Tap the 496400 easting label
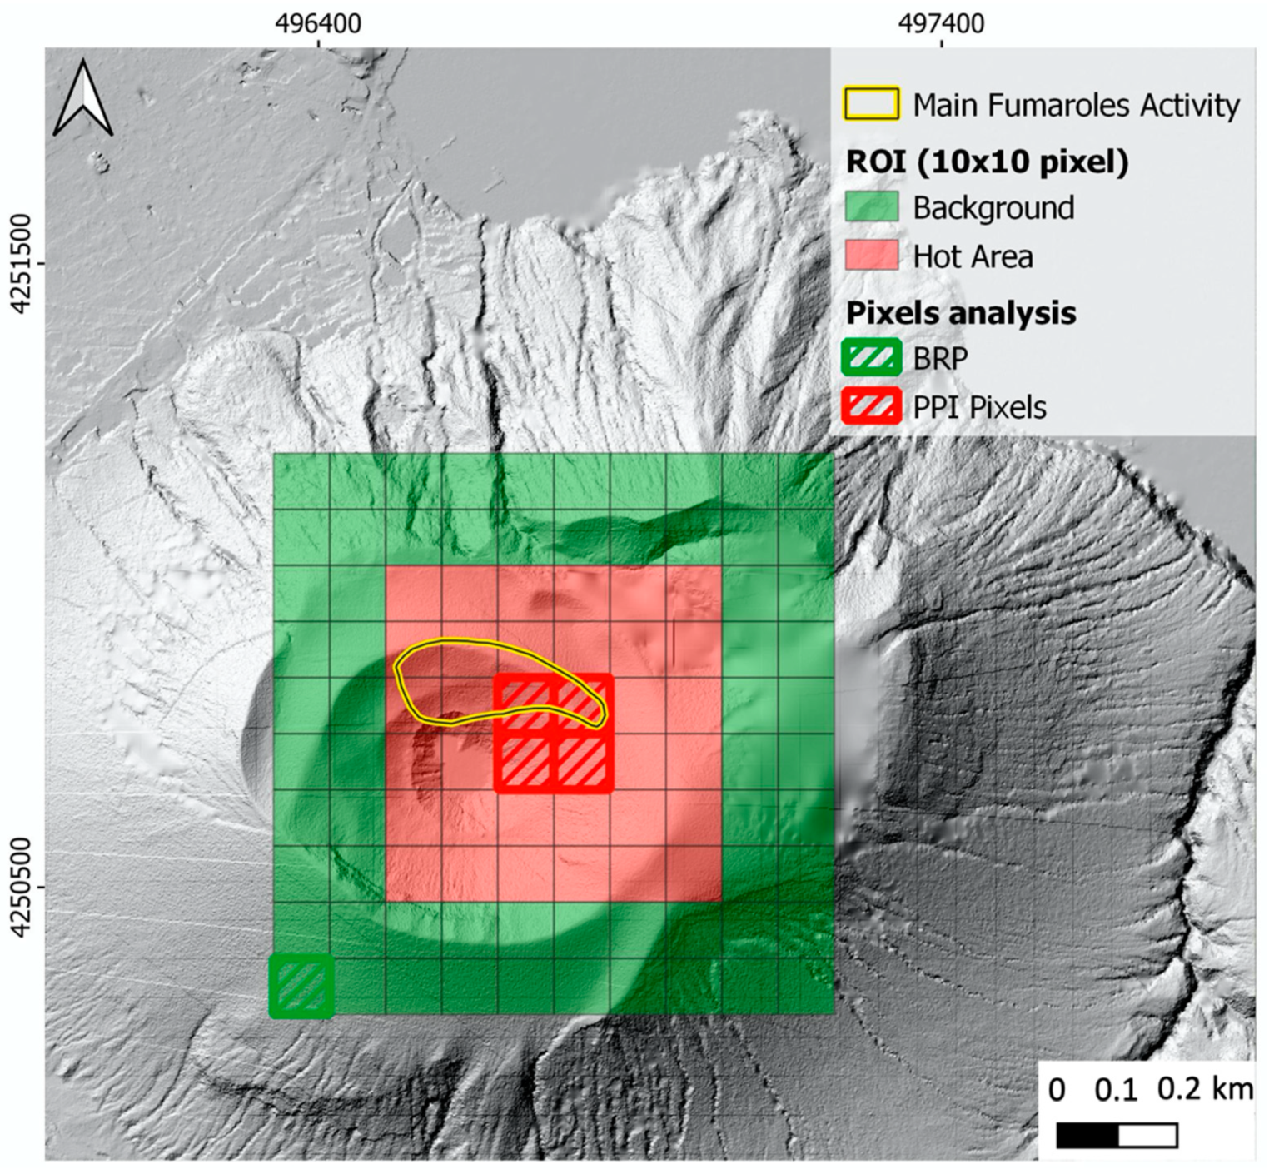pyautogui.click(x=319, y=23)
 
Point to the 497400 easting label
pyautogui.click(x=941, y=23)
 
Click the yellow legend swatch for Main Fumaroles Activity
pyautogui.click(x=872, y=104)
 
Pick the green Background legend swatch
pyautogui.click(x=872, y=207)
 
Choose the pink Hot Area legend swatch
pyautogui.click(x=872, y=256)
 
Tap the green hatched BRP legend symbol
pyautogui.click(x=872, y=358)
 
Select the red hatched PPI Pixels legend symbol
pyautogui.click(x=872, y=407)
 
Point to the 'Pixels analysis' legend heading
pyautogui.click(x=961, y=313)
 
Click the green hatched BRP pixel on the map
pyautogui.click(x=301, y=987)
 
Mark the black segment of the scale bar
pyautogui.click(x=1087, y=1136)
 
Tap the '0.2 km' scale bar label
pyautogui.click(x=1205, y=1089)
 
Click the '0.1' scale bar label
pyautogui.click(x=1116, y=1091)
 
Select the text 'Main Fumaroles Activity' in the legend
pyautogui.click(x=1076, y=106)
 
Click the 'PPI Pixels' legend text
pyautogui.click(x=979, y=408)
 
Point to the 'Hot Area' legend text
pyautogui.click(x=973, y=257)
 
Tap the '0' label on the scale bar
pyautogui.click(x=1057, y=1091)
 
